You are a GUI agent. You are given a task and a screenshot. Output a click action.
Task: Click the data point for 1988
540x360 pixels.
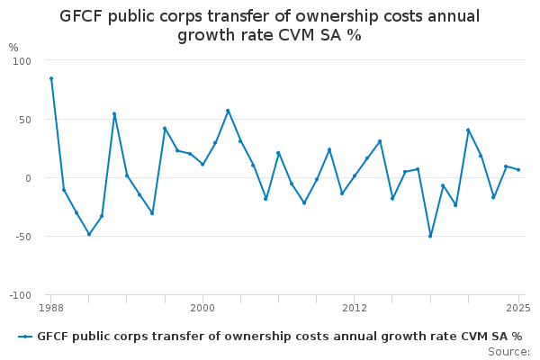click(51, 78)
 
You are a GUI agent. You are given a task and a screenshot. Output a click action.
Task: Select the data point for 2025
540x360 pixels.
click(518, 170)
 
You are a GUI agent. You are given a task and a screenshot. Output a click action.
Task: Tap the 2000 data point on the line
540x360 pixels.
click(202, 165)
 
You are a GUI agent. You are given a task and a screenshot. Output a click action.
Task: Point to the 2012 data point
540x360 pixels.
click(355, 175)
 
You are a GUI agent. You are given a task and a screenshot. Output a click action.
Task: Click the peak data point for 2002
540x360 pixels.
click(228, 111)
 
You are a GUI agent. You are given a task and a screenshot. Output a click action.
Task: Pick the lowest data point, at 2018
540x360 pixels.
click(430, 236)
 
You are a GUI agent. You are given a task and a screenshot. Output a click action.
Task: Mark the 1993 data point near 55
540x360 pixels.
click(114, 114)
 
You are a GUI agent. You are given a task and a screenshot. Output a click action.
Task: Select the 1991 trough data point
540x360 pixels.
click(89, 234)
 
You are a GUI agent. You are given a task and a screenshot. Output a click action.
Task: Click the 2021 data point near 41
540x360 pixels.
click(468, 130)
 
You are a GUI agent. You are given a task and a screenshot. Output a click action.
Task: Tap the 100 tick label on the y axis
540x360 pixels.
click(22, 61)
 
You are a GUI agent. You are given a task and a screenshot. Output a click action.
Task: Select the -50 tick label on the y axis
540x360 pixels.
click(22, 237)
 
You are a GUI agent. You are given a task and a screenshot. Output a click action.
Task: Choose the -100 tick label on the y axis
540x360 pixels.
click(20, 295)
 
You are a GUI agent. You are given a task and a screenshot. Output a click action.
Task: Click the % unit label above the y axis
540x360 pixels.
click(13, 48)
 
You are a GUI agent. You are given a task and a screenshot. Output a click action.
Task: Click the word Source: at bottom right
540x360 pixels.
click(508, 351)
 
